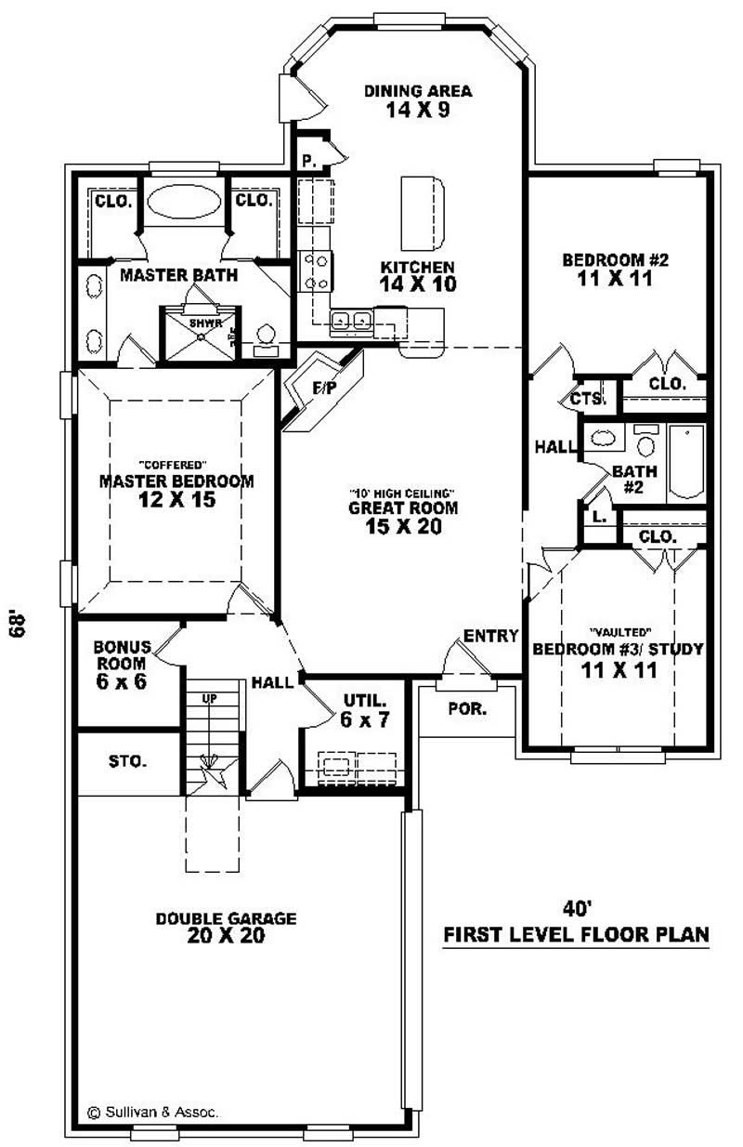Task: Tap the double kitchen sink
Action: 352,322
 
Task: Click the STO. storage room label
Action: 127,761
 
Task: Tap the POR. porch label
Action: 467,708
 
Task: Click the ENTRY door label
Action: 490,636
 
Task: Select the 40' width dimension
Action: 577,908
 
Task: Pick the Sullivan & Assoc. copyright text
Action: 153,1112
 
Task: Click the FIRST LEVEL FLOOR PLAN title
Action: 576,934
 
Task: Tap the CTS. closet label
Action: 588,399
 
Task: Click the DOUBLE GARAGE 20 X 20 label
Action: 226,927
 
